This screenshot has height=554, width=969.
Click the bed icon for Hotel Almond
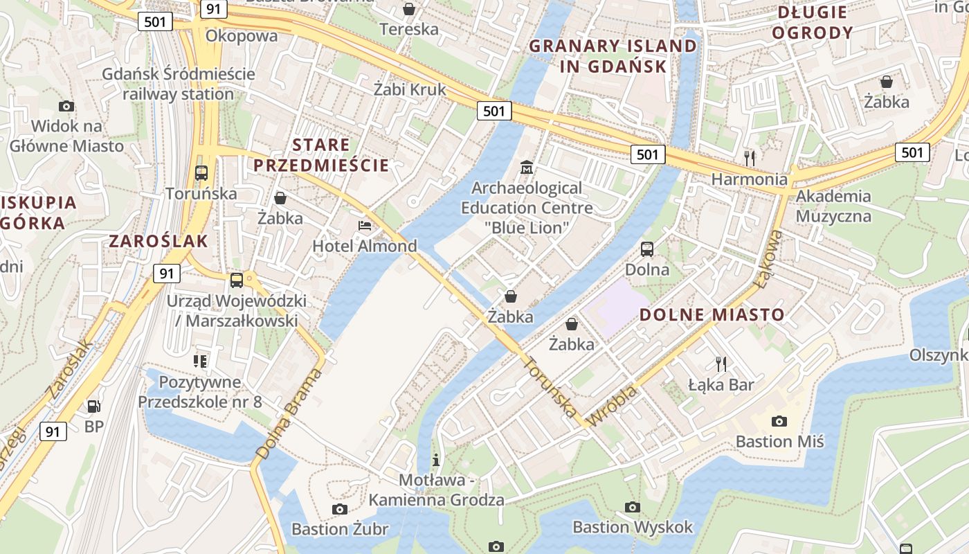[365, 225]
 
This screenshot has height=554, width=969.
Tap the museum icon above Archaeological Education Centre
[527, 168]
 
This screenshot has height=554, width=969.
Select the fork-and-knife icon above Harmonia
[750, 159]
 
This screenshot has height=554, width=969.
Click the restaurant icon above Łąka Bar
[721, 364]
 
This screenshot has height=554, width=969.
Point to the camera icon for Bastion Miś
[779, 421]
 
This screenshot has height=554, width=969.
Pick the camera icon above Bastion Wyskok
[633, 507]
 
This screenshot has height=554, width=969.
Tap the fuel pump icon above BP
[94, 406]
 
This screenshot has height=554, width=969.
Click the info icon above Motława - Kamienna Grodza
[436, 459]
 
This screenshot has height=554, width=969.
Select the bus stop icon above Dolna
[647, 249]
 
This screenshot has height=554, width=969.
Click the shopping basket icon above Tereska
[409, 9]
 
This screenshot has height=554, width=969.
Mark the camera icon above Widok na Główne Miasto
[66, 106]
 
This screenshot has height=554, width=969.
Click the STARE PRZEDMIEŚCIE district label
[321, 155]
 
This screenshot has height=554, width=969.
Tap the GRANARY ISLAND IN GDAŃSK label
[613, 56]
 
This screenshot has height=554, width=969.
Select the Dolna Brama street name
[289, 413]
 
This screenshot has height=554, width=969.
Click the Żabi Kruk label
[410, 89]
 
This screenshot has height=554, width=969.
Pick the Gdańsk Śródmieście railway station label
[179, 84]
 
